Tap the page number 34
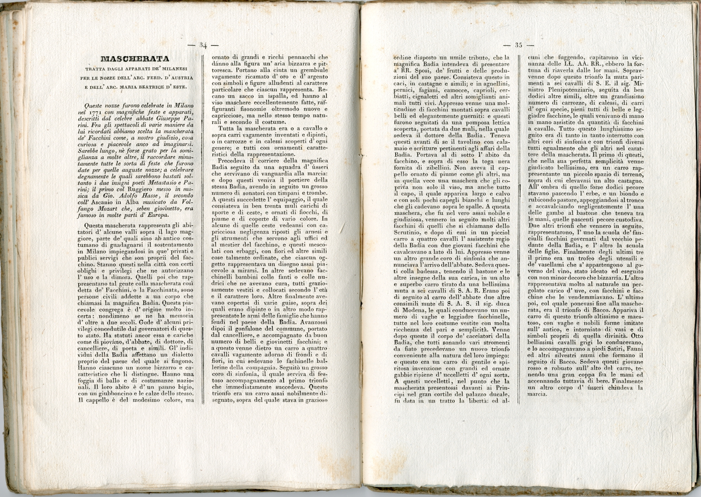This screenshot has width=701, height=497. tap(203, 45)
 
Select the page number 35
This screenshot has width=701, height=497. tap(518, 45)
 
